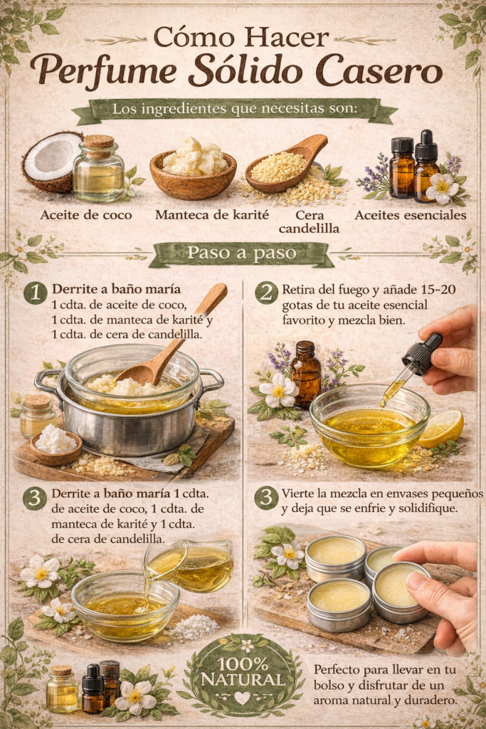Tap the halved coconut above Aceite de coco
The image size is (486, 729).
coord(51,161)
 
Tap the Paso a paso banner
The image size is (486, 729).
coord(241,254)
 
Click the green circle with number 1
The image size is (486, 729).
coord(35,292)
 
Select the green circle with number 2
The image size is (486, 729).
coord(266,292)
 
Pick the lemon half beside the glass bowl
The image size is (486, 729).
coord(441,429)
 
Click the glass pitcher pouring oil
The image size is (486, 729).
coord(193,562)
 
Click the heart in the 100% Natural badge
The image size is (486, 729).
coord(243,698)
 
